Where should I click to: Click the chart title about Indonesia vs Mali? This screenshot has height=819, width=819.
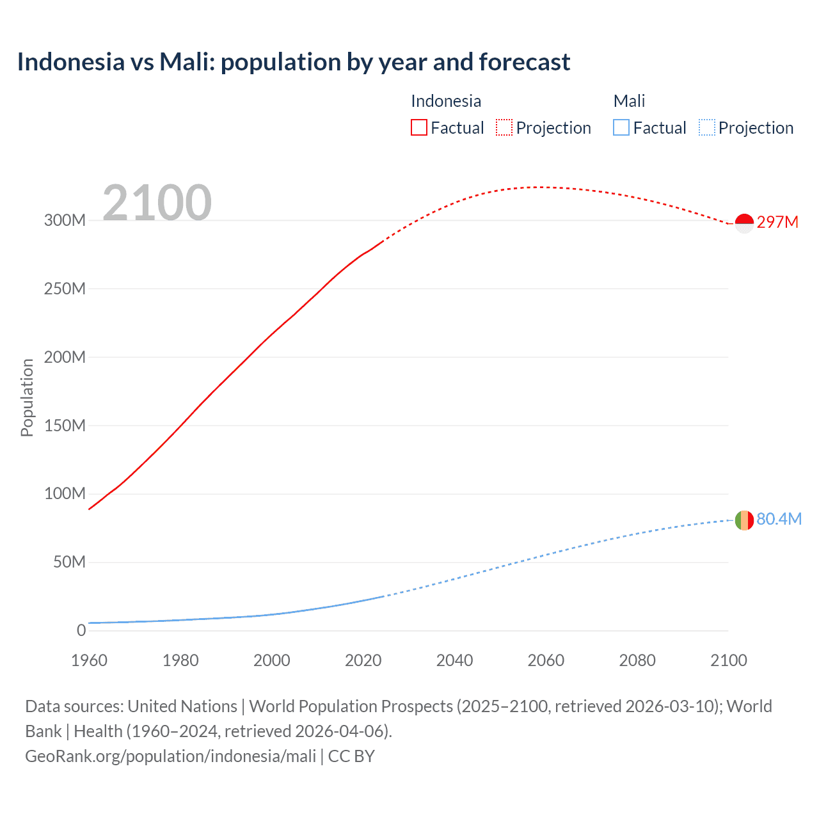pos(293,62)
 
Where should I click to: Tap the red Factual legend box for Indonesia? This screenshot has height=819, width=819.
pos(418,128)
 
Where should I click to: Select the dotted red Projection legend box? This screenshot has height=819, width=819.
pos(504,128)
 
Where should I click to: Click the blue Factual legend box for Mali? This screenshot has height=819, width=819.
pos(621,128)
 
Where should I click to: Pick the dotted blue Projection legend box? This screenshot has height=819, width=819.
pos(707,128)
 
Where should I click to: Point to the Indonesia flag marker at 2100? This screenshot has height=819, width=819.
pos(744,223)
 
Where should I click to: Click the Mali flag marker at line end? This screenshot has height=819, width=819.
pos(744,520)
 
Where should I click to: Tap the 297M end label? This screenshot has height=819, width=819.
pos(777,222)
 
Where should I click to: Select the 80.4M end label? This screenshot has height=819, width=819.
pos(779,519)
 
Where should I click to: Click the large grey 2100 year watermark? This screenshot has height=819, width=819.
pos(157,203)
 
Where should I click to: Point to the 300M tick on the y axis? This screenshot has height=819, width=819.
pos(65,221)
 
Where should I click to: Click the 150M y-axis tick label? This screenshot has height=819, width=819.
pos(65,425)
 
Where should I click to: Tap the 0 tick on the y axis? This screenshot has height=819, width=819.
pos(81,630)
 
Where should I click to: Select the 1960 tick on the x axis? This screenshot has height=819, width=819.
pos(89,660)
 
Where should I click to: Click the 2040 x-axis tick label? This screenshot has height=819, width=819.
pos(454,660)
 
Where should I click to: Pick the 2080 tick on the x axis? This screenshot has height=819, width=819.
pos(637,660)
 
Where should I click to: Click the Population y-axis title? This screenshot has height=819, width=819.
pos(27,397)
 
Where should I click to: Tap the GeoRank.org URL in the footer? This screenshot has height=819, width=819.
pos(170,756)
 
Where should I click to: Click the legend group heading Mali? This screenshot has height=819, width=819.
pos(629,101)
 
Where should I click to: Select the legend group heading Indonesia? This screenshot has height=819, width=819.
pos(445,101)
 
